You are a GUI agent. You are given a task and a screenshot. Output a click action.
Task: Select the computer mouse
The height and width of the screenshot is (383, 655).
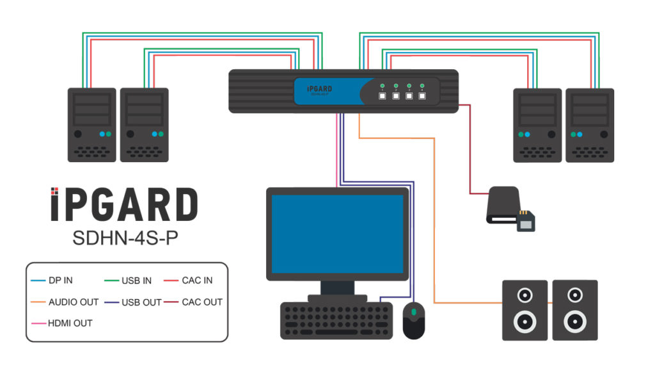(414, 320)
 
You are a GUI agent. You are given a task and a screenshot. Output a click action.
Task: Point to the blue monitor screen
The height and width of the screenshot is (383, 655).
(337, 234)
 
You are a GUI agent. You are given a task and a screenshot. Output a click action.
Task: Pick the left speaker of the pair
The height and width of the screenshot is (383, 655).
(525, 310)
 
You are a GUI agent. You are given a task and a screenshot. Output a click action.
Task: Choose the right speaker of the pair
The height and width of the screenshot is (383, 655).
(575, 310)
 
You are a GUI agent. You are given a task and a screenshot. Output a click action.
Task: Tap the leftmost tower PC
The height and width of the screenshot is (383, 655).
(92, 125)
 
